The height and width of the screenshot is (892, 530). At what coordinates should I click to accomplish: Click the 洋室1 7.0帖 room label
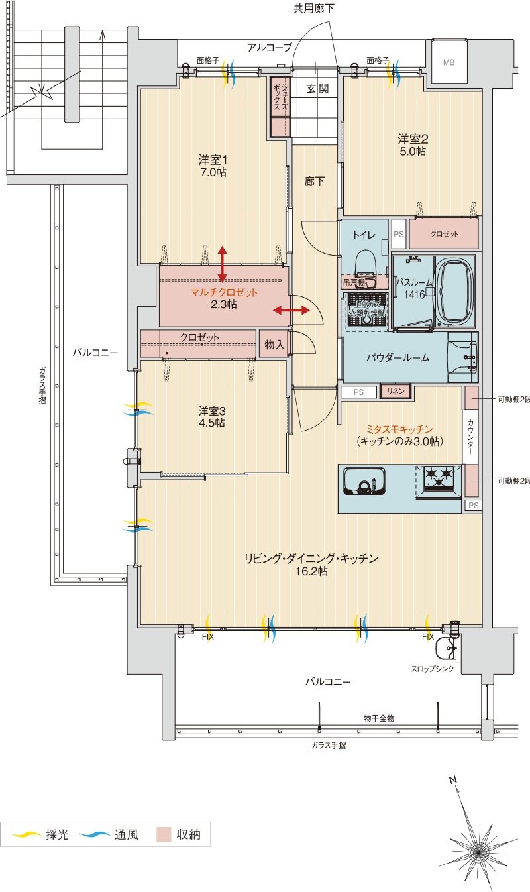[x=213, y=166]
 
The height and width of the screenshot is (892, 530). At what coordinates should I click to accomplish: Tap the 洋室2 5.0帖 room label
[x=412, y=144]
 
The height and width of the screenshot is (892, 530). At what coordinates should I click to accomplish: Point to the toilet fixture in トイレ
[x=365, y=263]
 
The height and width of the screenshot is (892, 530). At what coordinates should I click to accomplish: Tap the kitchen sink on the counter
[x=364, y=480]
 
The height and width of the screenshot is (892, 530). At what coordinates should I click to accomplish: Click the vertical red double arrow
[x=222, y=263]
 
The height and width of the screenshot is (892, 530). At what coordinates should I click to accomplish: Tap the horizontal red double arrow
[x=291, y=310]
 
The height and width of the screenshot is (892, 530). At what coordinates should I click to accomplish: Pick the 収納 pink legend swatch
[x=164, y=834]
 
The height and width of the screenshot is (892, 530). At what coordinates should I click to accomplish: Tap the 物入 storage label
[x=274, y=344]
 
